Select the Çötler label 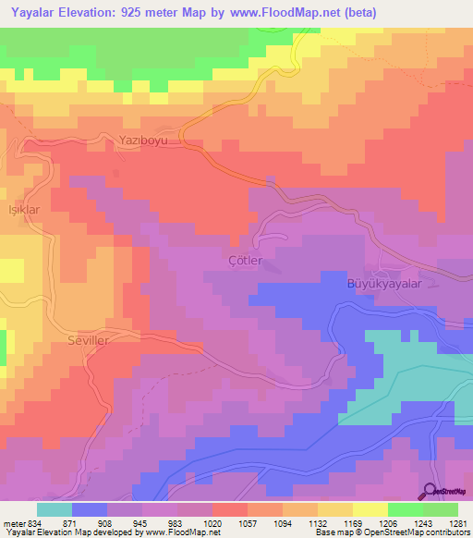pos(246,261)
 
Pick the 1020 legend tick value pos(212,522)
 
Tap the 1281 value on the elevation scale pos(457,522)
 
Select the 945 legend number pos(141,522)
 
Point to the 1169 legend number pos(352,522)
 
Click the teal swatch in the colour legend pos(54,509)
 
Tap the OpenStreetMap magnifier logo pos(431,492)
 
